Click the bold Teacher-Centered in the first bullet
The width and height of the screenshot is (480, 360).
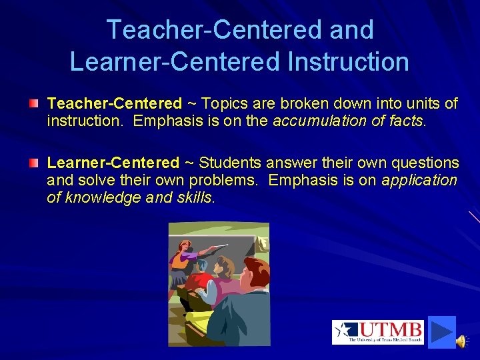pyautogui.click(x=114, y=103)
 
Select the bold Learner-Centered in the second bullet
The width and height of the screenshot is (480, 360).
pyautogui.click(x=113, y=163)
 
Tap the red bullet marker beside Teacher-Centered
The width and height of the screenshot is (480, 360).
pyautogui.click(x=33, y=103)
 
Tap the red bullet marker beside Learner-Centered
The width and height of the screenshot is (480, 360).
pyautogui.click(x=33, y=163)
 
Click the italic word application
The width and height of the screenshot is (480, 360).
pyautogui.click(x=419, y=180)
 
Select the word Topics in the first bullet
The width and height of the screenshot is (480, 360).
pyautogui.click(x=223, y=103)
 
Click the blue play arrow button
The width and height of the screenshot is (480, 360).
pyautogui.click(x=441, y=331)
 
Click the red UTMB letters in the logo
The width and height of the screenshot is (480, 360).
pyautogui.click(x=391, y=329)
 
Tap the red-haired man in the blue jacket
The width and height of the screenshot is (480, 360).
pyautogui.click(x=247, y=300)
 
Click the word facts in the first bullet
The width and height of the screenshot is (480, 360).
pyautogui.click(x=406, y=121)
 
